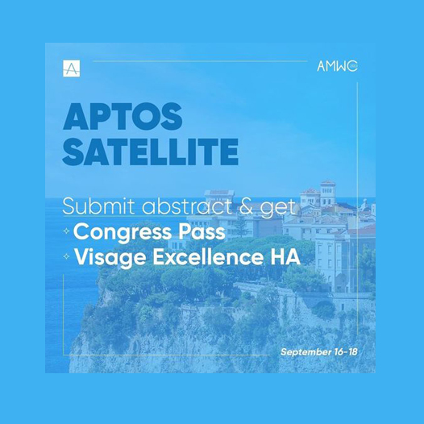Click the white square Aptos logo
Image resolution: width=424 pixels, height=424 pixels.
72,69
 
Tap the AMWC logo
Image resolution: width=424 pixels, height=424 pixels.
337,66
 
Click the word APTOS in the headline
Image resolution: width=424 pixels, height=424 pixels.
123,117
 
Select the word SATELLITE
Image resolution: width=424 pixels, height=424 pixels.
151,152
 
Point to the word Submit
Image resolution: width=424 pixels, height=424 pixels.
98,206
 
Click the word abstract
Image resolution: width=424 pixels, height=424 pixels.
187,206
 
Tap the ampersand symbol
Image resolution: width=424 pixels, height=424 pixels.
246,207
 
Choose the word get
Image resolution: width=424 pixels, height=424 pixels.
277,209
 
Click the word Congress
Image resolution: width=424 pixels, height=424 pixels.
123,232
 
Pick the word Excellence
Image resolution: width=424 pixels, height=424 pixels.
208,256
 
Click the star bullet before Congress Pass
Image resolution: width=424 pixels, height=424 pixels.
66,231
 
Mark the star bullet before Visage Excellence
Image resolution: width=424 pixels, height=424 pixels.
66,256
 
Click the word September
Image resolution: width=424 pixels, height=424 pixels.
306,352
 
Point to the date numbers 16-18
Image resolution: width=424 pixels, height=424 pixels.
346,351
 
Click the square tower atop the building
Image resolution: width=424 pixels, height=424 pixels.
328,193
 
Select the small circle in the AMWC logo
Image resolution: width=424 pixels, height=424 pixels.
352,67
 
